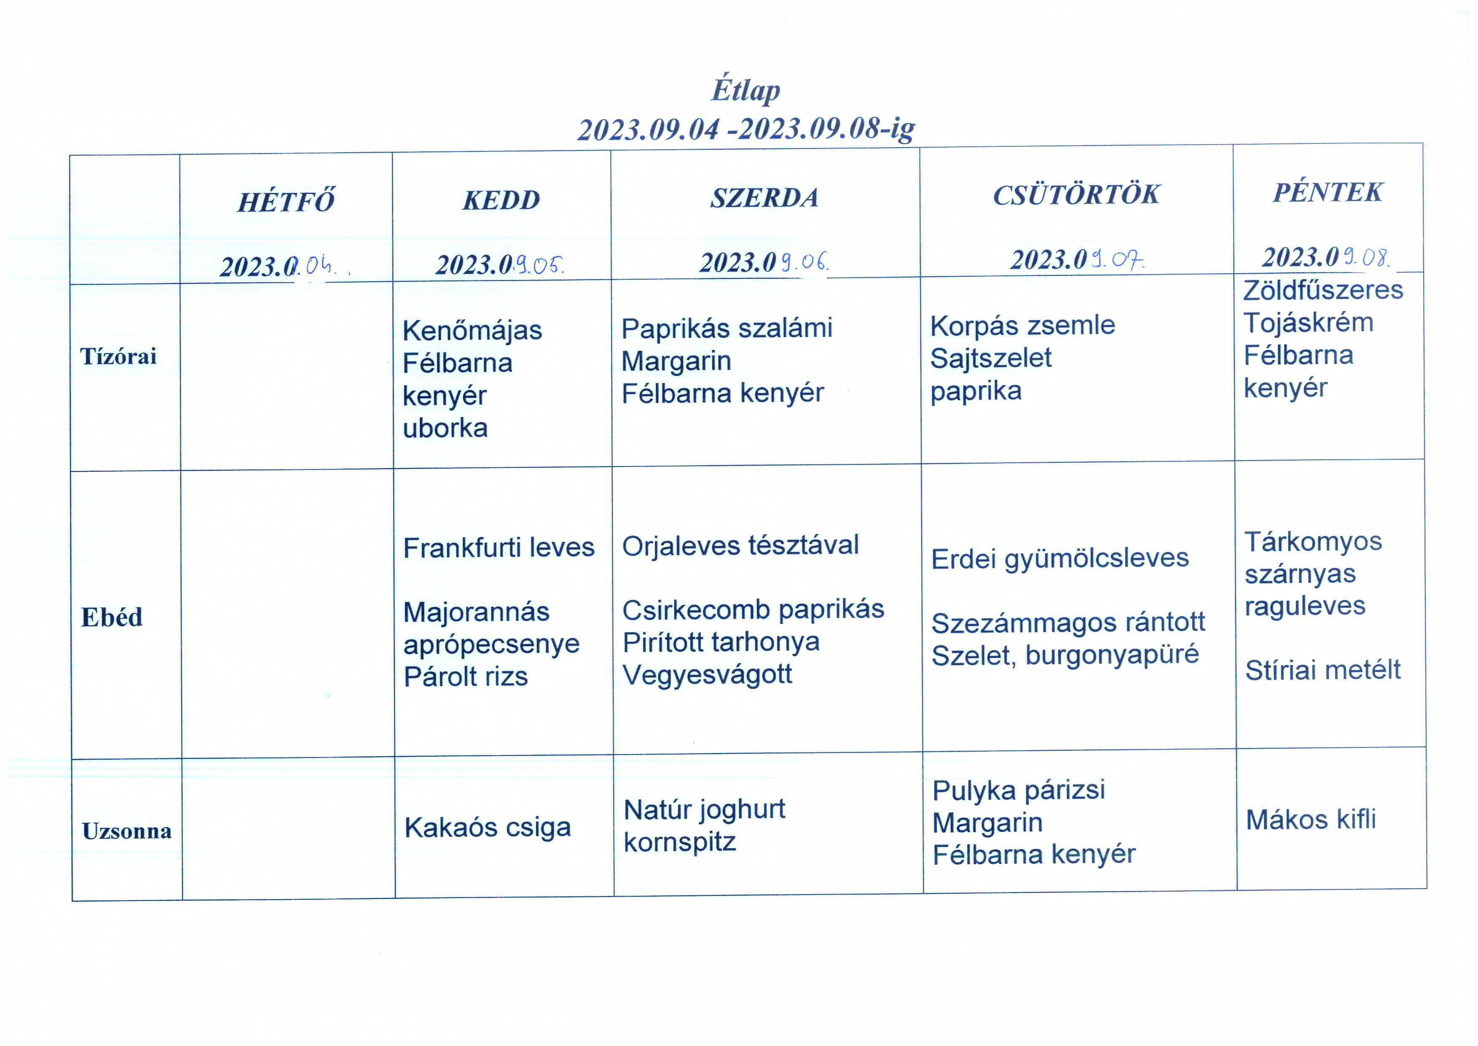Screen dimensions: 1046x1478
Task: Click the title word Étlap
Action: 746,90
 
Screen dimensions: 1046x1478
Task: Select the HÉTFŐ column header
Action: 286,202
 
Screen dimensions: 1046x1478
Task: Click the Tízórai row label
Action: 118,356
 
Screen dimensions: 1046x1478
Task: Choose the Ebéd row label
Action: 111,617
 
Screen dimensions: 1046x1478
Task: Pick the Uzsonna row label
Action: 127,831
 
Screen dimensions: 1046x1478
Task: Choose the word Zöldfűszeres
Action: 1323,291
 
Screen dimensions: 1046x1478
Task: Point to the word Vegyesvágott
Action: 707,675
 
